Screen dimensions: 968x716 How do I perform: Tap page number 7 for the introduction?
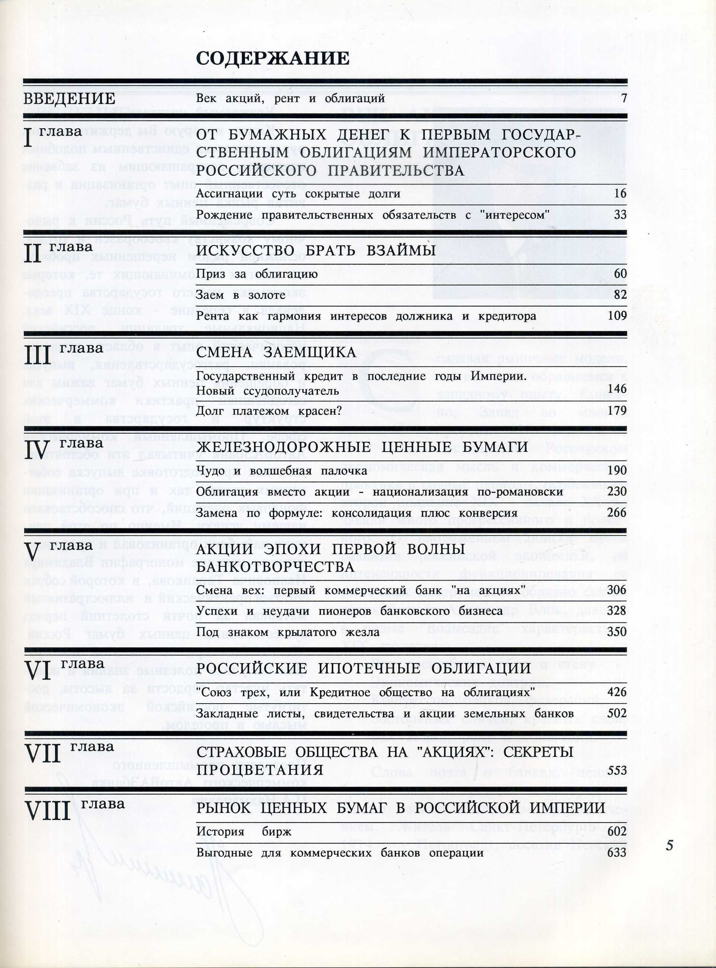(624, 98)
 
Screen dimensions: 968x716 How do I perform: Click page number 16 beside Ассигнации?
(620, 193)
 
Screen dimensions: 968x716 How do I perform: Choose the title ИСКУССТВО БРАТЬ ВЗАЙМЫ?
(316, 250)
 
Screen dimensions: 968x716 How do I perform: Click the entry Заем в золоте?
(241, 295)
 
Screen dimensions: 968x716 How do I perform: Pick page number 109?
(617, 315)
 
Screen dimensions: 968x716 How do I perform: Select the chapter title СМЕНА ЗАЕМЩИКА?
(276, 352)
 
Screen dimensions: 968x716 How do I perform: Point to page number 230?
(617, 491)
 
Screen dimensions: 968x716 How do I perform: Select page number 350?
(617, 631)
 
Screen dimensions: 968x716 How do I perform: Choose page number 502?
(617, 713)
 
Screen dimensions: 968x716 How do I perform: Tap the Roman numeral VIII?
(48, 811)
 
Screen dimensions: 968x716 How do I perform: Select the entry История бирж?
(244, 832)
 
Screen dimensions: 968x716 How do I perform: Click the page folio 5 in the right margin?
(670, 845)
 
